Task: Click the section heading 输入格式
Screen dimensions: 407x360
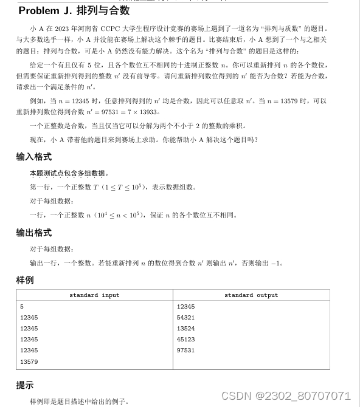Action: [34, 157]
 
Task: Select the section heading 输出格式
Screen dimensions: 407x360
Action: [34, 233]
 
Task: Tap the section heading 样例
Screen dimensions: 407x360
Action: [25, 280]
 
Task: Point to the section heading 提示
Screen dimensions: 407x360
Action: [25, 385]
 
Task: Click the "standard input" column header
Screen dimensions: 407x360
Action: [94, 295]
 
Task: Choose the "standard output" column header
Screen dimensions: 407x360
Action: [251, 295]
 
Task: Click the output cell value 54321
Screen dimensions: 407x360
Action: [185, 318]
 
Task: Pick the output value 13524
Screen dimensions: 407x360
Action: [185, 329]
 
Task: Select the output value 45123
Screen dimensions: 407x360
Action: [185, 340]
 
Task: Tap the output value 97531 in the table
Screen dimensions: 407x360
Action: [185, 351]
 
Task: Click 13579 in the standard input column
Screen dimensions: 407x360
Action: [29, 361]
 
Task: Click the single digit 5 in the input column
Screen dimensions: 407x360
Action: [22, 307]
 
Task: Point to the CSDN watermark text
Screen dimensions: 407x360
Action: [286, 395]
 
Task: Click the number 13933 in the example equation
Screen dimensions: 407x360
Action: [147, 112]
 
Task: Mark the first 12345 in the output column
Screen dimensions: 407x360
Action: [185, 307]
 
